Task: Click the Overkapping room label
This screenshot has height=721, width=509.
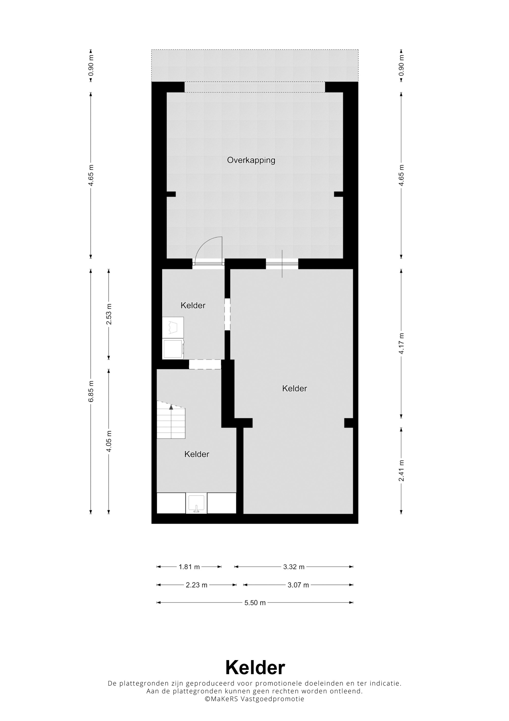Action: pos(251,160)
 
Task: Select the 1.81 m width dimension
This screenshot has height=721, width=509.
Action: pos(189,567)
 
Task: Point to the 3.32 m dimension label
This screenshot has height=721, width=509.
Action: pos(294,567)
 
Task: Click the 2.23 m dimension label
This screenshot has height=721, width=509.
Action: pos(197,585)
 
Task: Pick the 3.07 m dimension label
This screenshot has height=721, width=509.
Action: pos(298,585)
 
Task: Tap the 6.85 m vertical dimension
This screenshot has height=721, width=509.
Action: pos(91,391)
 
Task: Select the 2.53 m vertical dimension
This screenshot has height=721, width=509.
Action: pos(109,314)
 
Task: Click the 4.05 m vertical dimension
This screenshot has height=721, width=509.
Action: pos(109,441)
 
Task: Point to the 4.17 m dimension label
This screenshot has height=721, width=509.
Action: pos(401,343)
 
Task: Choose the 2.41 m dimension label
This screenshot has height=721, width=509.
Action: pos(401,470)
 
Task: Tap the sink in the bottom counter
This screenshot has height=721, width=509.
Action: pos(196,503)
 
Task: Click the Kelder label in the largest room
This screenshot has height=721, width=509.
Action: pos(294,389)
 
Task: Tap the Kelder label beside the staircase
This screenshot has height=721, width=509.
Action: pos(197,454)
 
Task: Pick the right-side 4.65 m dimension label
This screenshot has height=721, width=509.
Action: pos(401,175)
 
